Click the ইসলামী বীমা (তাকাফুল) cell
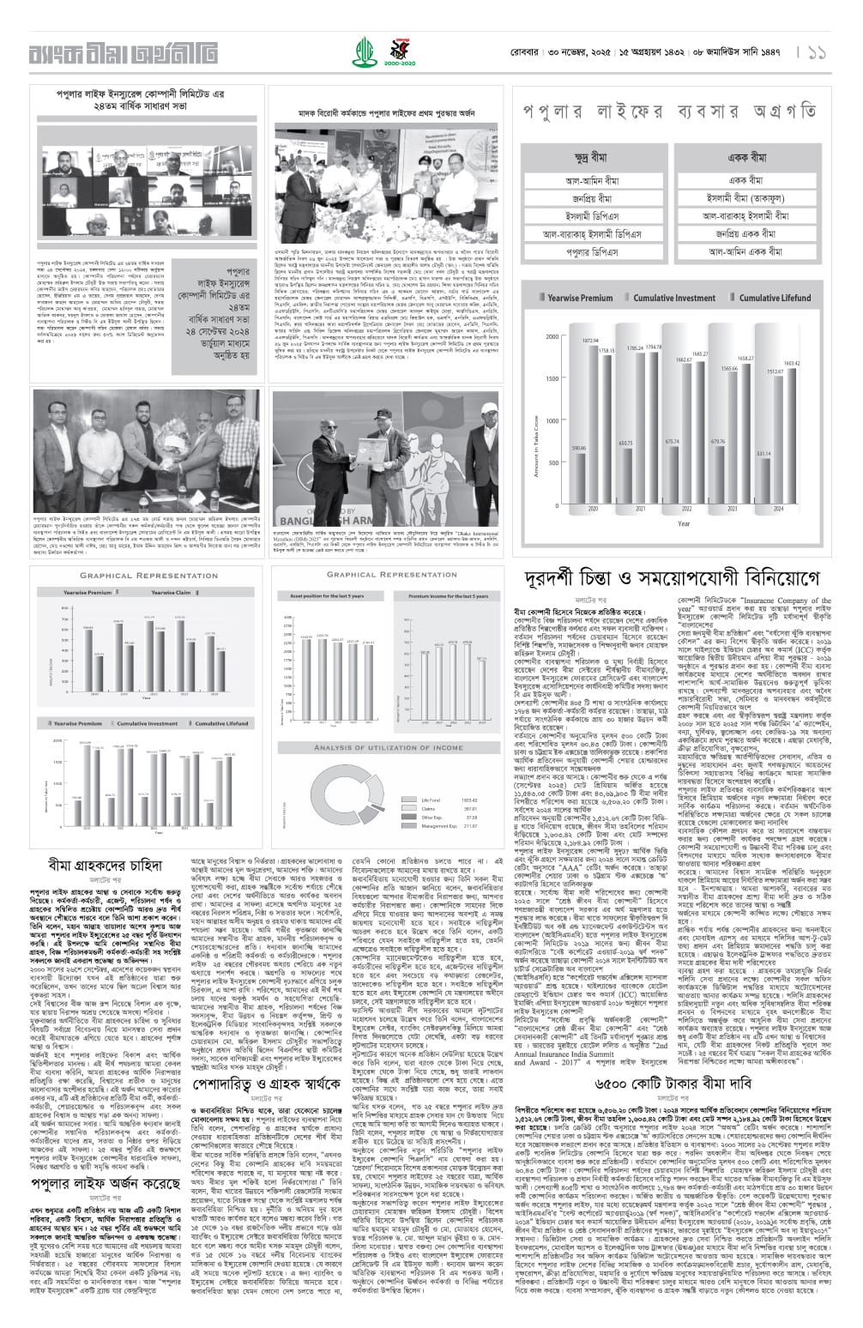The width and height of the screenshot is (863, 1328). (745, 198)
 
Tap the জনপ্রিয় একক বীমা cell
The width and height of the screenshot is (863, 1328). (745, 234)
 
